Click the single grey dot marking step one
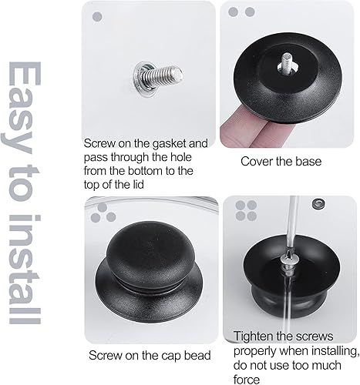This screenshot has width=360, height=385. pyautogui.click(x=97, y=17)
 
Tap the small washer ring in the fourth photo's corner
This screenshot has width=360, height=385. pyautogui.click(x=318, y=203)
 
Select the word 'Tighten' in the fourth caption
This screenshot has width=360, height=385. pyautogui.click(x=254, y=336)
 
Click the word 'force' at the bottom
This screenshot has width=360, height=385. pyautogui.click(x=247, y=380)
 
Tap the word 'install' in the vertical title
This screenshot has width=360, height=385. pyautogui.click(x=25, y=269)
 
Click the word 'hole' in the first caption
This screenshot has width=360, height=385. pyautogui.click(x=181, y=157)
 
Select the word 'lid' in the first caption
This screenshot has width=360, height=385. pyautogui.click(x=138, y=185)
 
